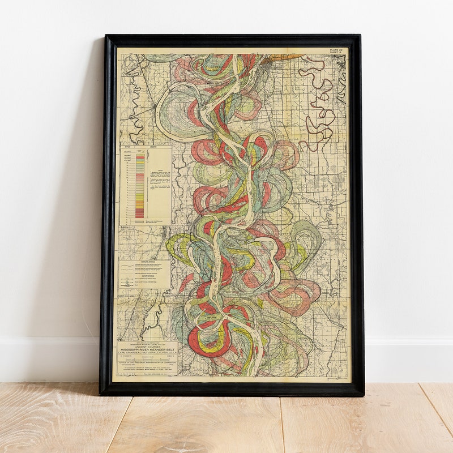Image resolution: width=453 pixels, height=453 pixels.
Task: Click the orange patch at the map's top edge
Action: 286,57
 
